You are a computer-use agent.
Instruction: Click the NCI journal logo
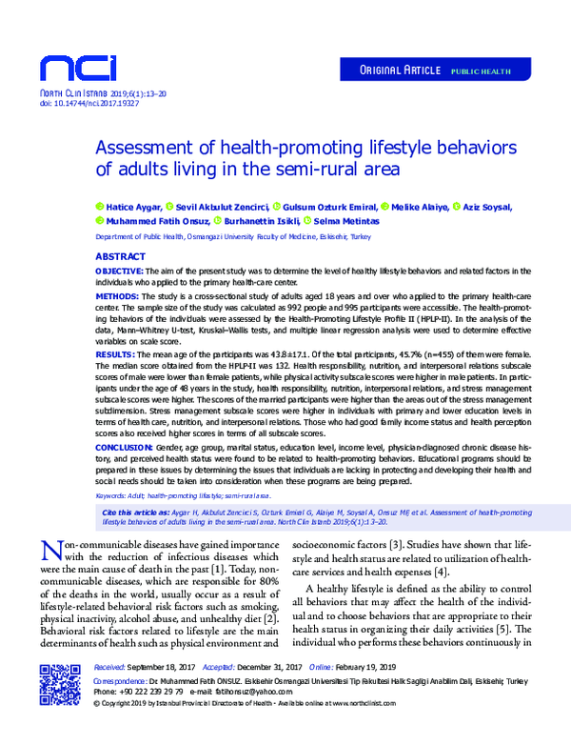(x=77, y=67)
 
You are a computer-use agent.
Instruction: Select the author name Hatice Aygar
(x=134, y=206)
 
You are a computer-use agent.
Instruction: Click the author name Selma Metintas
(x=346, y=220)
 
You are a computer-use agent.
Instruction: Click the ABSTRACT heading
(x=120, y=258)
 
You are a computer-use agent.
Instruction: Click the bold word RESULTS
(x=114, y=352)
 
